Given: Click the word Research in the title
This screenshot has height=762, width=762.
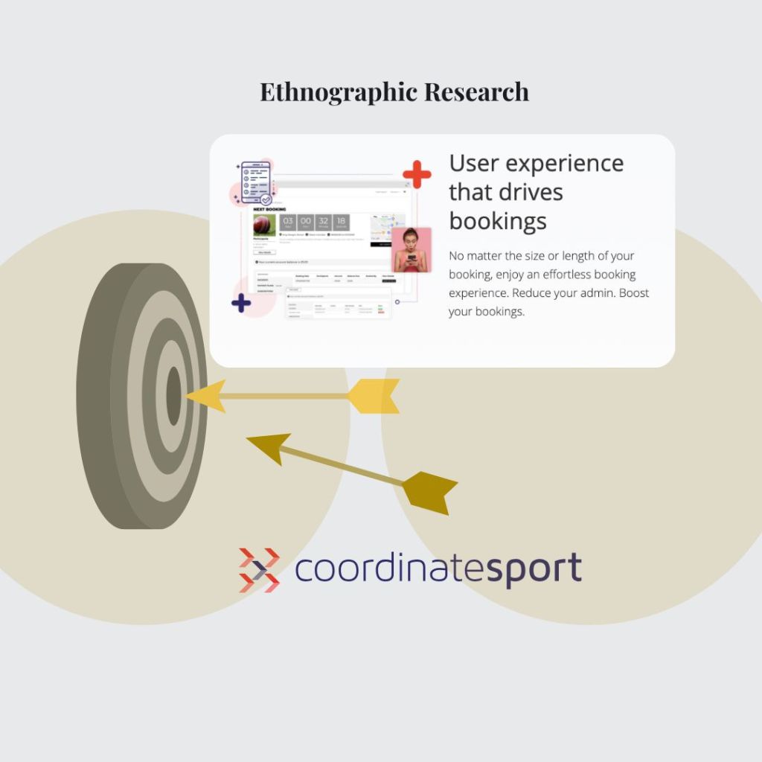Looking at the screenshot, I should point(476,92).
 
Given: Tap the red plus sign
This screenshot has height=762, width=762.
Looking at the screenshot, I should point(417,174).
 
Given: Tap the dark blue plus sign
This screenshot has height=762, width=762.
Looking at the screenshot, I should point(241,303).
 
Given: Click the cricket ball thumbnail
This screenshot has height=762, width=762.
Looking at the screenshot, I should point(264,225).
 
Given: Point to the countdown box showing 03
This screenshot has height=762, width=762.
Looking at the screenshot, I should point(288,223).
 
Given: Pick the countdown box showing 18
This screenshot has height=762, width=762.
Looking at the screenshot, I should point(341,223).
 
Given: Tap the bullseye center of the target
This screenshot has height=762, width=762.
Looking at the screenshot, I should point(173,396).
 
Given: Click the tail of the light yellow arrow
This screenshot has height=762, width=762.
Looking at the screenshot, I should point(374,396).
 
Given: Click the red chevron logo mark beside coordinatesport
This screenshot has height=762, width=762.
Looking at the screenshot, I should point(259,570).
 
